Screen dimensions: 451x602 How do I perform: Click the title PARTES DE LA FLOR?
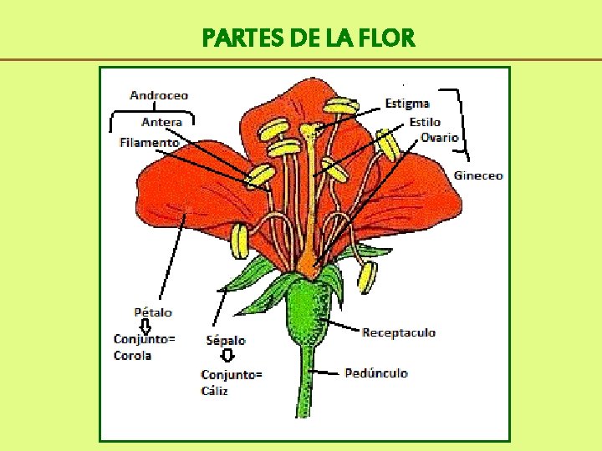(x=308, y=38)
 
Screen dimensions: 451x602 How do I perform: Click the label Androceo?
(x=159, y=95)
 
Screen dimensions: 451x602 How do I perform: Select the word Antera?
(x=161, y=122)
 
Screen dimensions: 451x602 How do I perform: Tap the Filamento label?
(x=149, y=142)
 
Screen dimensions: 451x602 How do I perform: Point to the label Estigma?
(x=407, y=103)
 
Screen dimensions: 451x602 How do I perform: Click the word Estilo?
(x=425, y=122)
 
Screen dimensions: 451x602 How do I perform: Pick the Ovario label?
(x=439, y=137)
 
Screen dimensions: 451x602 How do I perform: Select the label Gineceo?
(x=478, y=175)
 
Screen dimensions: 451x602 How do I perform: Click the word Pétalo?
(x=153, y=312)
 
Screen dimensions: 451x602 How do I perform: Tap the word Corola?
(x=132, y=355)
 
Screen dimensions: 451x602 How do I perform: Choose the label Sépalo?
(x=226, y=340)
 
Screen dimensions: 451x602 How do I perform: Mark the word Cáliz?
(x=214, y=390)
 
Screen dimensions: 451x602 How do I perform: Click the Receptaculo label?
(x=398, y=332)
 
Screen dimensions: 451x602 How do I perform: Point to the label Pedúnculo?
(x=376, y=372)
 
